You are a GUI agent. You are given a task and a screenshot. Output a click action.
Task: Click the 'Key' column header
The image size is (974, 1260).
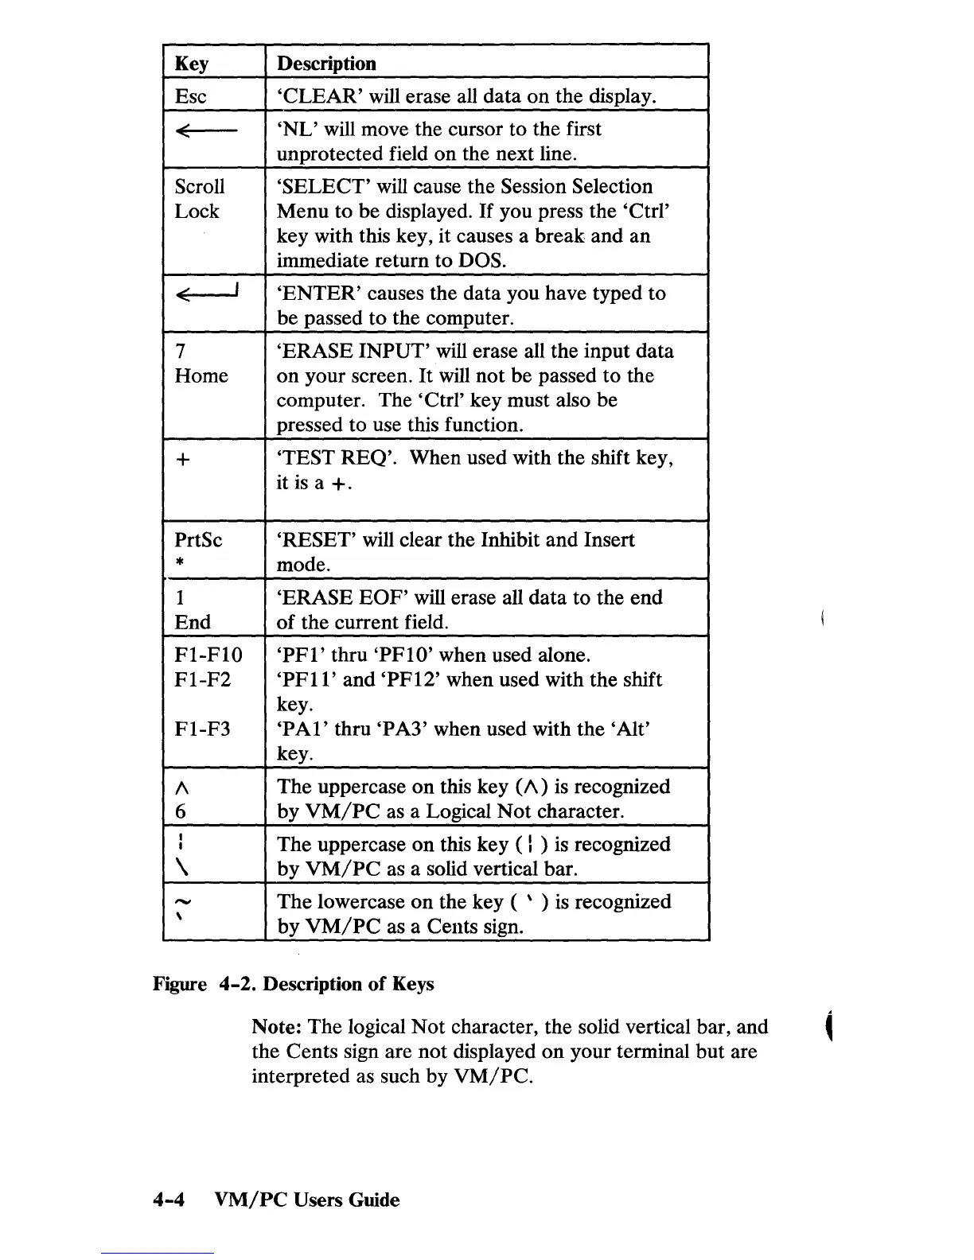pos(192,64)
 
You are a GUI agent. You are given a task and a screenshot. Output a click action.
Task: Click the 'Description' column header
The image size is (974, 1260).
pos(326,64)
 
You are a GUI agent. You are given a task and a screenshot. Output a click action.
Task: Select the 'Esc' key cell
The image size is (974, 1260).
pos(190,97)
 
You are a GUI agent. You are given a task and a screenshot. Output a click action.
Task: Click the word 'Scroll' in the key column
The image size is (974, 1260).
pos(200,187)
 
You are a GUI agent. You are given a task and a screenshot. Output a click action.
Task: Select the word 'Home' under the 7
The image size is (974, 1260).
pos(201,376)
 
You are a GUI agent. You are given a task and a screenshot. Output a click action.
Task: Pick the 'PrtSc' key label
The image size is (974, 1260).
pos(198,540)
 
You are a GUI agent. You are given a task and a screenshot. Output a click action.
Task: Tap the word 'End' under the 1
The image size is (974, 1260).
pos(193,623)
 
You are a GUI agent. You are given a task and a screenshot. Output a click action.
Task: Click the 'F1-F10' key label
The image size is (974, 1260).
pos(208,655)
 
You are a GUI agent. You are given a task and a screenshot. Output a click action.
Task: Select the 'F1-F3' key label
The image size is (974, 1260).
pos(202,729)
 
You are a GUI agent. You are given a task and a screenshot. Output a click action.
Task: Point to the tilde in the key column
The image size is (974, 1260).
pos(182,900)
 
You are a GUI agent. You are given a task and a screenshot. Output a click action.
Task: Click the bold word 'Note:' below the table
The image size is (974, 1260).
pos(277,1027)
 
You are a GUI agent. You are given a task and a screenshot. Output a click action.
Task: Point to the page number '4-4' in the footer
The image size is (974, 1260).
pos(169,1200)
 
